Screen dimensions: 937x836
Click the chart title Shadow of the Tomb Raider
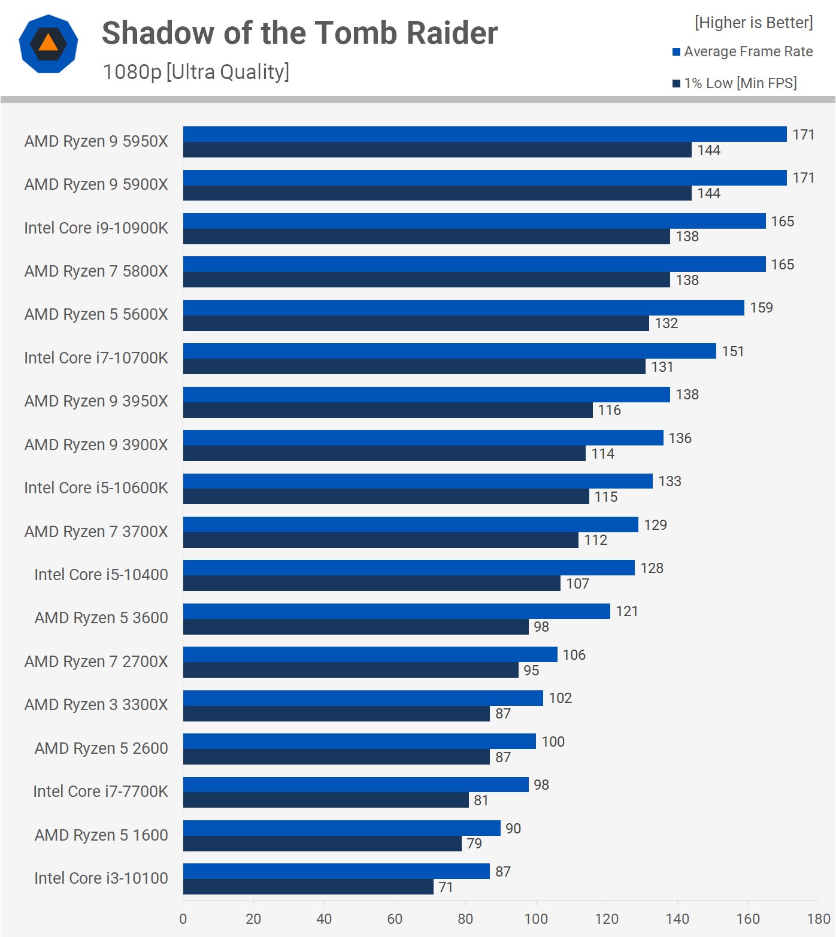tap(299, 33)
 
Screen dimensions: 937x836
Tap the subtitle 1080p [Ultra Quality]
tap(196, 72)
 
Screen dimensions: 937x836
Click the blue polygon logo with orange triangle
tap(49, 44)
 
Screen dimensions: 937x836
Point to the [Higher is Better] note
tap(753, 23)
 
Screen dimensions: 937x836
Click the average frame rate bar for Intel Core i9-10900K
tap(474, 221)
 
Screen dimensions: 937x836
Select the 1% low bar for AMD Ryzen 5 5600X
tap(416, 323)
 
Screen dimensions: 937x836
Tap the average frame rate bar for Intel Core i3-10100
tap(336, 871)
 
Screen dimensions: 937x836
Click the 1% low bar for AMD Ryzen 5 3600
tap(356, 627)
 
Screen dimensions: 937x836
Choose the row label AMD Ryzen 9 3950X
tap(96, 401)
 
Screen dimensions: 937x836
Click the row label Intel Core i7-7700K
tap(101, 792)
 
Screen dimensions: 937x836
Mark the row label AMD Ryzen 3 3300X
tap(96, 705)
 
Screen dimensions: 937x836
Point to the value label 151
tap(732, 351)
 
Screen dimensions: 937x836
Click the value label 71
tap(446, 887)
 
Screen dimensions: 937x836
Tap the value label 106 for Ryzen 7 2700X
tap(574, 655)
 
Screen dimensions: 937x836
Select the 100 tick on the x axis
tap(536, 919)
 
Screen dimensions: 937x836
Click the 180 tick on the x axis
tap(818, 919)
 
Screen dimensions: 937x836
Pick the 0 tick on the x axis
tap(183, 919)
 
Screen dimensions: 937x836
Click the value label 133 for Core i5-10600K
tap(670, 481)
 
